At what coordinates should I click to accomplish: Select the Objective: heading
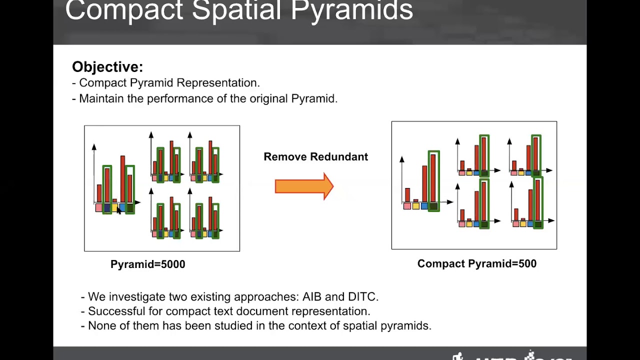click(x=107, y=67)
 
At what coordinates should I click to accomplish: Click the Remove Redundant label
click(x=315, y=157)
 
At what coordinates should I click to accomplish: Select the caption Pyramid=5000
click(x=147, y=264)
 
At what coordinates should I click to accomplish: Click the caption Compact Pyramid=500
click(x=476, y=264)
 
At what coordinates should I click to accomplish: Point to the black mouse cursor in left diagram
click(x=119, y=210)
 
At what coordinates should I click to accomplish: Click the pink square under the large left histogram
click(x=99, y=207)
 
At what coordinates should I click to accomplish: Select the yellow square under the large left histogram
click(x=114, y=207)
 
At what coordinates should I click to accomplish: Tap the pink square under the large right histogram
click(x=407, y=206)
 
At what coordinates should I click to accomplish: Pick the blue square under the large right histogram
click(x=424, y=206)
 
